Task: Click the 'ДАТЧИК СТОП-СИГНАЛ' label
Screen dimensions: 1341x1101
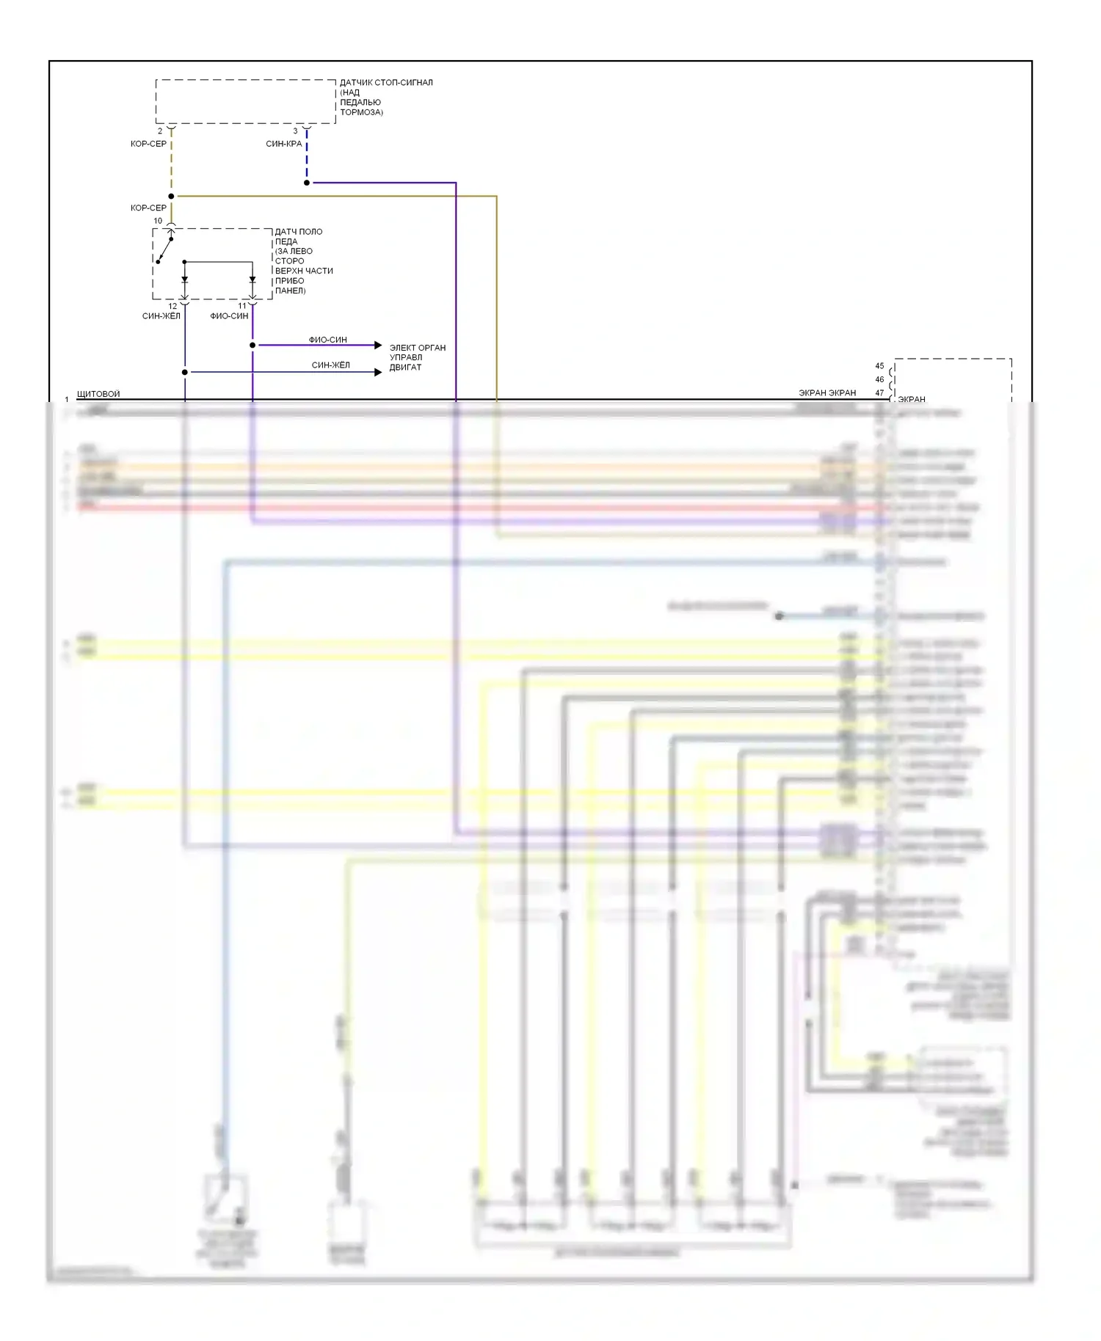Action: pyautogui.click(x=386, y=82)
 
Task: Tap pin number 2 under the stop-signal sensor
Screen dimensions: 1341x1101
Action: pyautogui.click(x=160, y=131)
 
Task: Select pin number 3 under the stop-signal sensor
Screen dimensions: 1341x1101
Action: pyautogui.click(x=296, y=131)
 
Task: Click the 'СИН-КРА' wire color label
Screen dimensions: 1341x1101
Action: pyautogui.click(x=284, y=144)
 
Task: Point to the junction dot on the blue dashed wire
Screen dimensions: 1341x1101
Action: pyautogui.click(x=307, y=183)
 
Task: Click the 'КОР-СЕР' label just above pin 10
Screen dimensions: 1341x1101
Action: pyautogui.click(x=148, y=208)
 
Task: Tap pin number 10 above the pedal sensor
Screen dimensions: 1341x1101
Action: pyautogui.click(x=158, y=221)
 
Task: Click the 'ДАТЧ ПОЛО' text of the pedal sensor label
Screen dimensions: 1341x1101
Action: pyautogui.click(x=299, y=232)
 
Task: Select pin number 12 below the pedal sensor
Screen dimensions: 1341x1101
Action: pyautogui.click(x=172, y=306)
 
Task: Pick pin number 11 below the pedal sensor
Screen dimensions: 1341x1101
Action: pyautogui.click(x=242, y=306)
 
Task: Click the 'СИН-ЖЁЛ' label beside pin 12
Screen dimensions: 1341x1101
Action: pyautogui.click(x=161, y=316)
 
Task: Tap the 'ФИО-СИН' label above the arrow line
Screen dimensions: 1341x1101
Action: pyautogui.click(x=327, y=340)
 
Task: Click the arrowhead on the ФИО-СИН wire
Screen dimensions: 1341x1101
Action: pyautogui.click(x=378, y=345)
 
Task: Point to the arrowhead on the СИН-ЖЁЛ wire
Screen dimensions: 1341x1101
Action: pyautogui.click(x=378, y=372)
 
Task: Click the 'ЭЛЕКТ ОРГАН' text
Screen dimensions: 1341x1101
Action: pyautogui.click(x=417, y=348)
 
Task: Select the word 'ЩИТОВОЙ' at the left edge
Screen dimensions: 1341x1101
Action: pyautogui.click(x=98, y=394)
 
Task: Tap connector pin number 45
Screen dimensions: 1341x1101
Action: pyautogui.click(x=879, y=366)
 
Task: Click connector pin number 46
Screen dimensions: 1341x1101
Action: pyautogui.click(x=879, y=379)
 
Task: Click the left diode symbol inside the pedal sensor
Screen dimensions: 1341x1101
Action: pyautogui.click(x=184, y=279)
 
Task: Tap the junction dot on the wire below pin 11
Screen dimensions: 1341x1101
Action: pyautogui.click(x=252, y=345)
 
